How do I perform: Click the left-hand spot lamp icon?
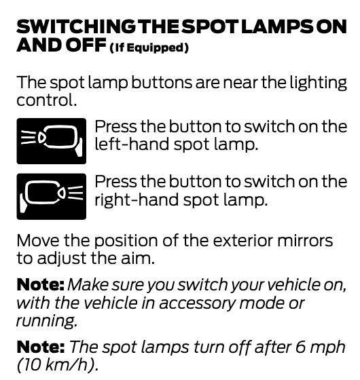click(52, 141)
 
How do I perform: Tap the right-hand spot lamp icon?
click(52, 197)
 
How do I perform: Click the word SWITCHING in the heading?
click(76, 26)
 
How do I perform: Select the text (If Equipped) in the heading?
click(149, 47)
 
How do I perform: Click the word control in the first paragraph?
click(47, 100)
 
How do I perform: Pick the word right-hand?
click(137, 199)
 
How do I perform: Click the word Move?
click(38, 241)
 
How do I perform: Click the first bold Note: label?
click(41, 284)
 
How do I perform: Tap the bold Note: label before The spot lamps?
click(41, 347)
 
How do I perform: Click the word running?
click(47, 321)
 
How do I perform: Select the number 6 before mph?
click(300, 347)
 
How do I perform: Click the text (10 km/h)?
click(58, 365)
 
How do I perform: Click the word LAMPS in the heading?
click(278, 26)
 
